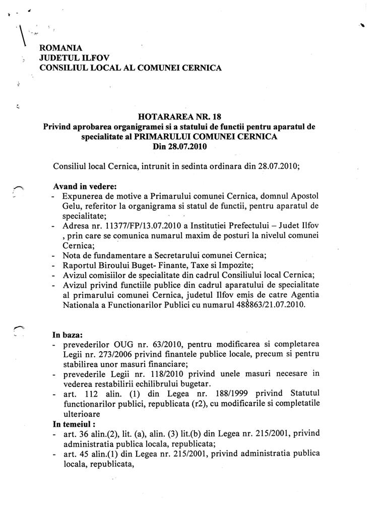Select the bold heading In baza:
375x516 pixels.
(68, 334)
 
